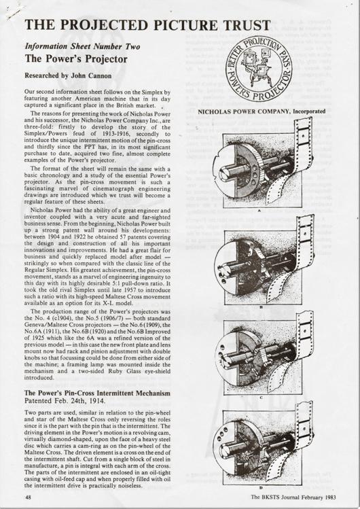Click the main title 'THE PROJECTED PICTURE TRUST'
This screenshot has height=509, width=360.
147,25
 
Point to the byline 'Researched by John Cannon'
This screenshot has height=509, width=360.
69,76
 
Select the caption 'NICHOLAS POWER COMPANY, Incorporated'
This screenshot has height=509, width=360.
262,111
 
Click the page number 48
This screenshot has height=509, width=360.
29,497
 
